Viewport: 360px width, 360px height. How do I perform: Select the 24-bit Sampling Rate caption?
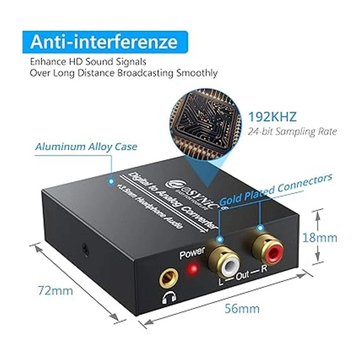[292, 131]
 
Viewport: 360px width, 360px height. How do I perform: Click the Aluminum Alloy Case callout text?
[86, 147]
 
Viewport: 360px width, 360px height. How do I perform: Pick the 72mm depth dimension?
[55, 290]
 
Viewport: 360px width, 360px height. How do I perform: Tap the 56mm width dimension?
[242, 308]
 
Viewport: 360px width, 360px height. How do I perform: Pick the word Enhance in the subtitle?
[48, 62]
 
